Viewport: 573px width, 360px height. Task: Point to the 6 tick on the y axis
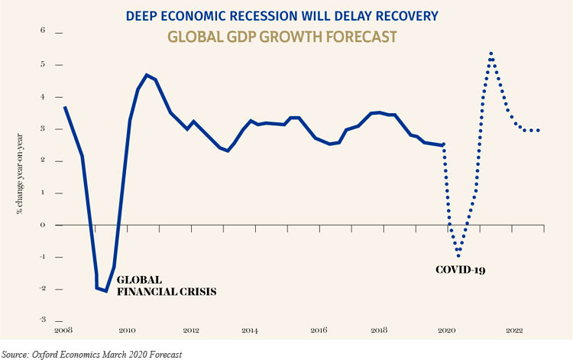[44, 32]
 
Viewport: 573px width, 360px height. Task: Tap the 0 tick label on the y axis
[44, 225]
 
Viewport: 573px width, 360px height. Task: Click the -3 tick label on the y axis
[42, 319]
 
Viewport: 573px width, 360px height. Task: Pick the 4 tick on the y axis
[44, 97]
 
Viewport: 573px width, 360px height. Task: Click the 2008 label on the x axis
[63, 332]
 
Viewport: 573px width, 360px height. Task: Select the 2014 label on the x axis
[249, 332]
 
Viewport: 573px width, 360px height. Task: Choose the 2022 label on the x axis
[513, 332]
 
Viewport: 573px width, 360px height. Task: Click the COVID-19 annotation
[461, 270]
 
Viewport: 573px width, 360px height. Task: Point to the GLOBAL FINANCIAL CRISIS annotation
[167, 285]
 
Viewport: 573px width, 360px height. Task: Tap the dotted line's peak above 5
[490, 54]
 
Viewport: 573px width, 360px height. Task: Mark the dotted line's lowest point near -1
[459, 256]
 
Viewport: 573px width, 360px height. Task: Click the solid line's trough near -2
[106, 291]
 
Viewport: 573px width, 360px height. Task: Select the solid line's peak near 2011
[146, 75]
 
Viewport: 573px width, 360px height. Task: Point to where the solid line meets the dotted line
[443, 144]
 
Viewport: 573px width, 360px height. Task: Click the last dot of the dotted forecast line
[539, 130]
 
